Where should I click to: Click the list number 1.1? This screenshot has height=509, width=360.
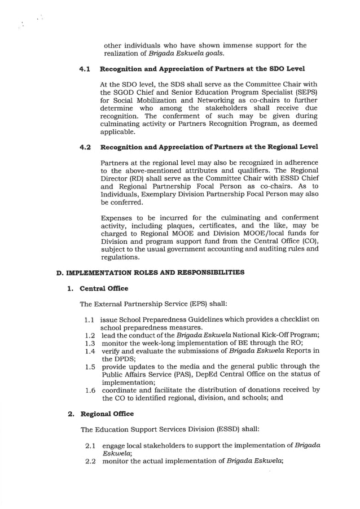(x=91, y=319)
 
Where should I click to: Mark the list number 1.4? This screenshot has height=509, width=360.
(x=91, y=350)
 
